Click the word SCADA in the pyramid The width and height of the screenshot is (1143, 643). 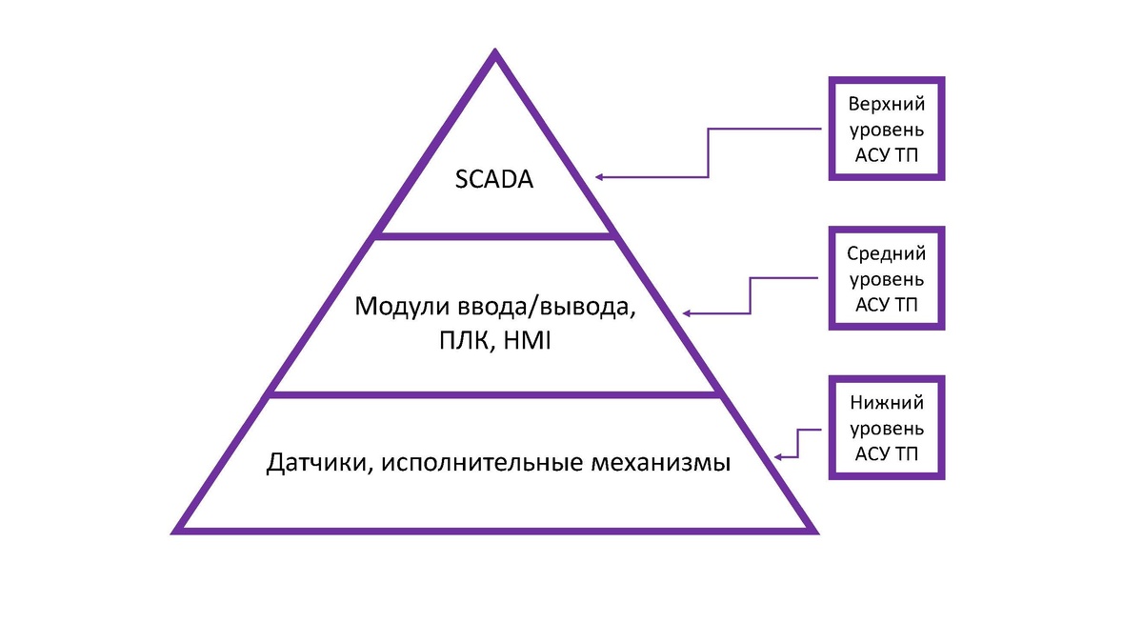(494, 177)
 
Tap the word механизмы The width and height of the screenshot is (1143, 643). (668, 464)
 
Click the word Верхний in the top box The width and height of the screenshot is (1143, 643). (887, 105)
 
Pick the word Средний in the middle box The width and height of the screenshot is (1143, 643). (887, 254)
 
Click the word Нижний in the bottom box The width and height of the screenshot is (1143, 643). (887, 404)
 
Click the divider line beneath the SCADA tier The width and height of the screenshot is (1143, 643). (494, 234)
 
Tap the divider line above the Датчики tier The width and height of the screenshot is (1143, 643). (494, 392)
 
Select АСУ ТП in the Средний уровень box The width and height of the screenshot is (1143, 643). (887, 304)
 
